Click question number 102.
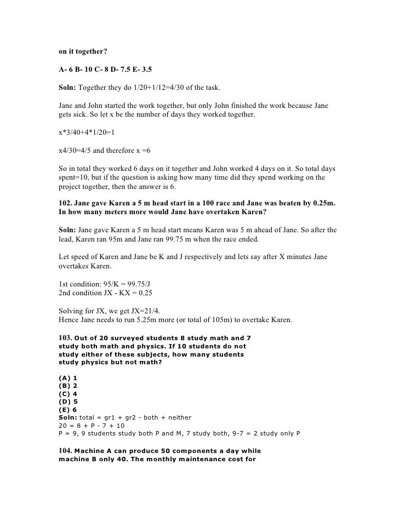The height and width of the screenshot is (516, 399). [65, 203]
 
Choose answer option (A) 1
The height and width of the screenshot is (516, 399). [67, 378]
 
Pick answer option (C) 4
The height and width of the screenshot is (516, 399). [67, 393]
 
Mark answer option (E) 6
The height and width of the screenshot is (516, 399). [67, 409]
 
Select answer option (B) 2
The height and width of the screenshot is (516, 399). [67, 386]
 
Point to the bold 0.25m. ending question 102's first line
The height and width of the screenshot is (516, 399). [324, 203]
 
